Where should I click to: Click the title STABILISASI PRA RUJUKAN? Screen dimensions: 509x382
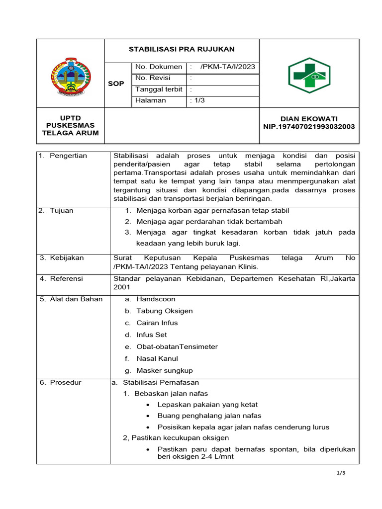182,49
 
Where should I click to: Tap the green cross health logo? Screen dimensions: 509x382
309,76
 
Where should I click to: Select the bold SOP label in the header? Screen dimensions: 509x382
116,84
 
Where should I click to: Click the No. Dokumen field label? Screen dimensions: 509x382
159,67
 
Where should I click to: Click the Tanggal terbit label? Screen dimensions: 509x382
159,89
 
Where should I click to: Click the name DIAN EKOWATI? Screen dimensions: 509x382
309,119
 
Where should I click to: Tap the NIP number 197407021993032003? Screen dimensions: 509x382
309,127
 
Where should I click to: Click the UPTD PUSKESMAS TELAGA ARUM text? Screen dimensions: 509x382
70,125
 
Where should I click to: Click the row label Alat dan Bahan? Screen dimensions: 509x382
76,299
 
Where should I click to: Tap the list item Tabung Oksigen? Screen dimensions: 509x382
165,311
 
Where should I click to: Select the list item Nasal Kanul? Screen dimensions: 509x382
157,359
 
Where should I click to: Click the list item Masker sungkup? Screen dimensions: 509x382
165,371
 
